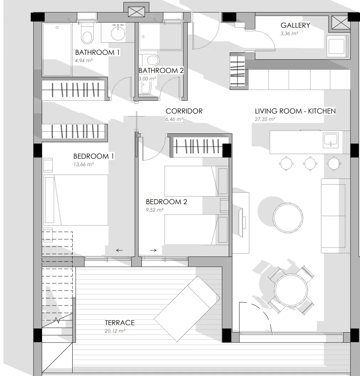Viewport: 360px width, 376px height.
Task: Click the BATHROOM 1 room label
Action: click(98, 52)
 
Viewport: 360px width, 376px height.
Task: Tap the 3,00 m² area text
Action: click(147, 78)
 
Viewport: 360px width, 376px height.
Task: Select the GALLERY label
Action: click(295, 25)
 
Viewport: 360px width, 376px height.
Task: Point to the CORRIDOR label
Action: click(184, 111)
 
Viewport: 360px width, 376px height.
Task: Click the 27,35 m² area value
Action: click(265, 119)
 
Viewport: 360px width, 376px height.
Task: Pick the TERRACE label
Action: click(120, 323)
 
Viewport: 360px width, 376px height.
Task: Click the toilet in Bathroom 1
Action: click(87, 33)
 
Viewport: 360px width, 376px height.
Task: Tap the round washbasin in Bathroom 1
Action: click(118, 33)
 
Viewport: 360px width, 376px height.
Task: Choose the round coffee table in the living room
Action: click(288, 218)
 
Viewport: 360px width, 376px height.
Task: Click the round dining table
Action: click(291, 290)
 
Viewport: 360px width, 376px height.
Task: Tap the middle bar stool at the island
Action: click(310, 164)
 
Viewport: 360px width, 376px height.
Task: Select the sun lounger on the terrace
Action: click(187, 309)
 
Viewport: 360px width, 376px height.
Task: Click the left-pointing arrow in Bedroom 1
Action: click(119, 250)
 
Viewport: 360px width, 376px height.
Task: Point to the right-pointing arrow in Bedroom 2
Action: click(153, 250)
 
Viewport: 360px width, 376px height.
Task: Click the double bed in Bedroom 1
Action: click(76, 200)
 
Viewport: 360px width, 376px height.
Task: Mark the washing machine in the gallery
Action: click(338, 46)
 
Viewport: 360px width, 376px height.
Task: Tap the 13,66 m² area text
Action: click(84, 164)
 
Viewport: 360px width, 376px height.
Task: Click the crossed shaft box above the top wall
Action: click(136, 12)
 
